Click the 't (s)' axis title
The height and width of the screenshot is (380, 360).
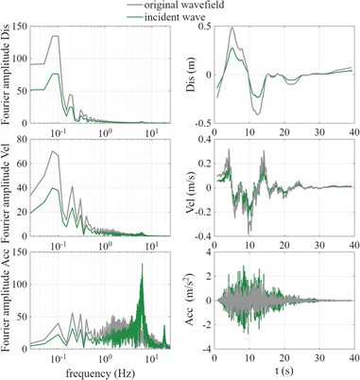(x=284, y=372)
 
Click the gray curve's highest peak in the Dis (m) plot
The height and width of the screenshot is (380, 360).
(x=232, y=28)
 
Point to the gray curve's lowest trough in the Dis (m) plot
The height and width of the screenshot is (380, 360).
(x=257, y=114)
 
